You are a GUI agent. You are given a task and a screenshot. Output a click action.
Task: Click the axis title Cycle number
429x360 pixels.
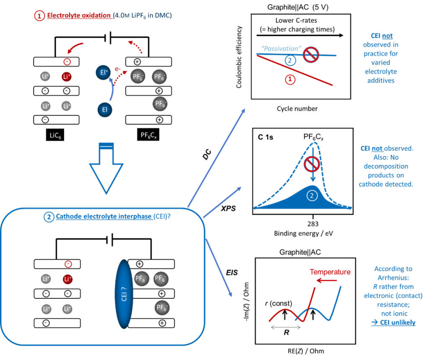point(297,109)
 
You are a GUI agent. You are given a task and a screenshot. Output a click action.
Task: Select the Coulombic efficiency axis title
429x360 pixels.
point(239,57)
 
